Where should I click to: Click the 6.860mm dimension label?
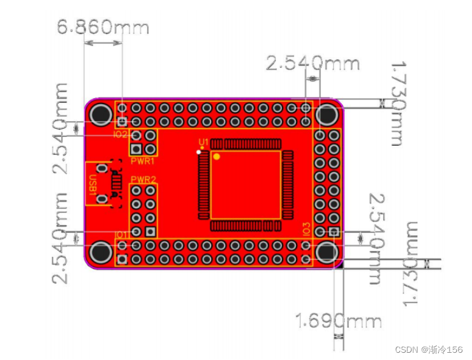coord(102,27)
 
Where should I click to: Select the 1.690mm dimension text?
coord(339,321)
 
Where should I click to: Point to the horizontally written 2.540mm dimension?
coord(313,63)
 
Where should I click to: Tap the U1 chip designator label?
coord(204,142)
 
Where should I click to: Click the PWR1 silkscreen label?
coord(143,162)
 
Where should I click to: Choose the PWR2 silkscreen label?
coord(143,180)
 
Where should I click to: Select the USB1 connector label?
coord(93,184)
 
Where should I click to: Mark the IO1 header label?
coord(121,234)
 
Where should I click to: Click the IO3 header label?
coord(306,229)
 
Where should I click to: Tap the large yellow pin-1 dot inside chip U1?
coord(217,156)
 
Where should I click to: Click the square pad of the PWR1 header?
coord(136,149)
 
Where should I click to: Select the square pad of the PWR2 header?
coord(151,232)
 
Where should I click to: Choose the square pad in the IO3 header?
coord(334,232)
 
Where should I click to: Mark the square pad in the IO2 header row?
coord(122,122)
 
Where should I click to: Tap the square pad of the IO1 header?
coord(122,260)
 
